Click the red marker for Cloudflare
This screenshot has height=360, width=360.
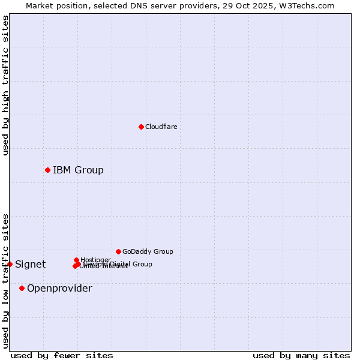coord(141,127)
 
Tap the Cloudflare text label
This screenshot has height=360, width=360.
coord(161,127)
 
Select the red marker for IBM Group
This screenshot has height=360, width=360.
coord(47,170)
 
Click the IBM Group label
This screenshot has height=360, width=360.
coord(78,170)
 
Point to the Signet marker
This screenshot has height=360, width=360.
coord(10,264)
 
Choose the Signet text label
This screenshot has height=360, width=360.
coord(30,265)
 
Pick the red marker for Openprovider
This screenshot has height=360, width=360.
coord(22,288)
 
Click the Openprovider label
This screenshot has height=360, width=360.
coord(59,289)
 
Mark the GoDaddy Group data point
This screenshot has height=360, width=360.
coord(118,251)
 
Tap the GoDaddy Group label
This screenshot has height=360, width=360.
coord(148,252)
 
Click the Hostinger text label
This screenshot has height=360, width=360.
coord(95,260)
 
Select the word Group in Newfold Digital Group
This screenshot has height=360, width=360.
coord(142,264)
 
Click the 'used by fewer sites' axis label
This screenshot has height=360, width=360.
coord(62,356)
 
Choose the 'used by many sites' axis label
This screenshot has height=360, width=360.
coord(301,356)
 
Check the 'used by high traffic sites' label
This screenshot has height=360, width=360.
coord(5,85)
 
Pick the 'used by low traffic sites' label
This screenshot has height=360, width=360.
coord(5,280)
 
